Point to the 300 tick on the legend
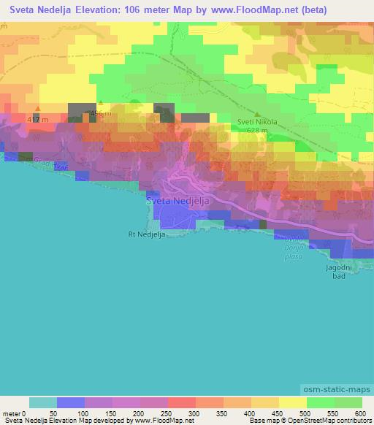click(195, 413)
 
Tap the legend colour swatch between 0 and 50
click(42, 402)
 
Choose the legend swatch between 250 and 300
click(181, 402)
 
